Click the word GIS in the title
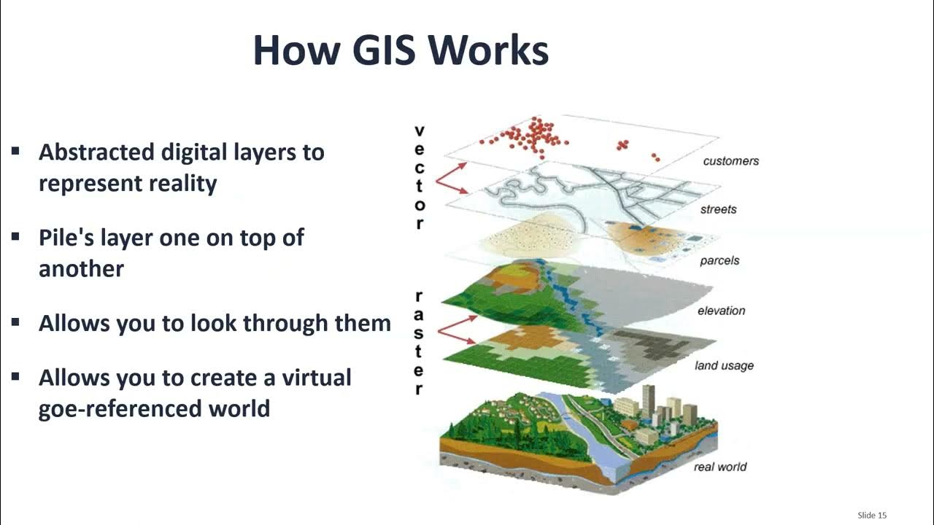378,50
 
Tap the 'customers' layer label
730,161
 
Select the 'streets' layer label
718,209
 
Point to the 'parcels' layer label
719,260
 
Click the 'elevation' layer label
721,311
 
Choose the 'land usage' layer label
724,365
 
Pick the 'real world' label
719,467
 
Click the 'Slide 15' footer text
872,516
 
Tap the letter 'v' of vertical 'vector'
419,131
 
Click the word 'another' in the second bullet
81,268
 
